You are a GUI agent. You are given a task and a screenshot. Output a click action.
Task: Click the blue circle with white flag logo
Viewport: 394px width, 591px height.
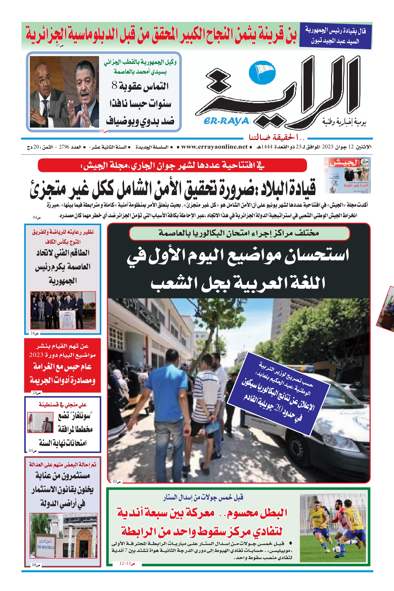tap(262, 72)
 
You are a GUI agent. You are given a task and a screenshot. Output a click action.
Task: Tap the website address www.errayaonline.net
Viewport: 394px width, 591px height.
tap(214, 147)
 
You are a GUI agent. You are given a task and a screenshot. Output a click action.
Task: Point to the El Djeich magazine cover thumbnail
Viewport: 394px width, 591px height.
tap(347, 175)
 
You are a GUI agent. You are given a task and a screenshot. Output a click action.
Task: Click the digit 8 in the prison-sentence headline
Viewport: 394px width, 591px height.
tap(114, 86)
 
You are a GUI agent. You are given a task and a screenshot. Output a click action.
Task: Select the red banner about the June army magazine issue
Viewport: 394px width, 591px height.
tap(172, 165)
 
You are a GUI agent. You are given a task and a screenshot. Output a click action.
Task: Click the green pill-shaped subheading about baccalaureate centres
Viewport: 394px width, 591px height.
tap(239, 233)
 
